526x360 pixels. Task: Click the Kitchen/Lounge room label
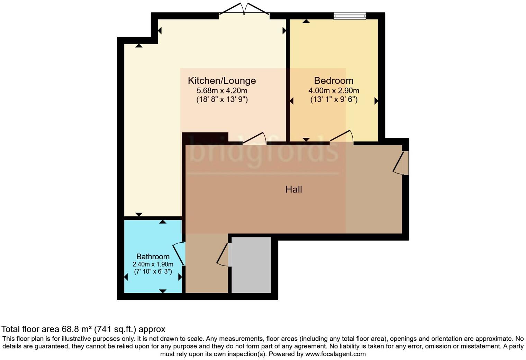coord(221,81)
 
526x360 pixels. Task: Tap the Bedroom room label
coord(334,81)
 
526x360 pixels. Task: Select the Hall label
coord(293,189)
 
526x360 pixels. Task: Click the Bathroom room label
coord(153,256)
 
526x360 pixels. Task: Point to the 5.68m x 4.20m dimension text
coord(222,91)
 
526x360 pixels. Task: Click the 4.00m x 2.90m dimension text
coord(334,91)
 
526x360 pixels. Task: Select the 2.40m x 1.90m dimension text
coord(153,264)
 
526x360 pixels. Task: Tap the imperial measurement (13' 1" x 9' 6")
coord(334,100)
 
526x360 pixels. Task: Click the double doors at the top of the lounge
coord(244,10)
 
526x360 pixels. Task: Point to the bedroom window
coord(350,16)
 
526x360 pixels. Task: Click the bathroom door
coord(179,254)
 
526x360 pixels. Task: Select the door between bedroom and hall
coord(342,136)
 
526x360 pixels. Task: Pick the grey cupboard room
coord(251,265)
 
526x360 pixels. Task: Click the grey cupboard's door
coord(223,255)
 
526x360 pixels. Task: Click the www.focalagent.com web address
coord(335,354)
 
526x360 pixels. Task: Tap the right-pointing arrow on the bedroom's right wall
coord(376,101)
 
